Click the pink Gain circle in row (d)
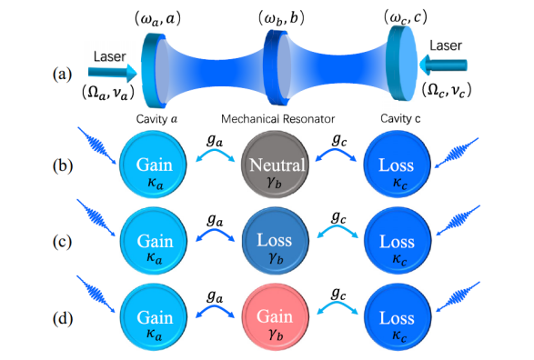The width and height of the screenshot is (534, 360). click(276, 317)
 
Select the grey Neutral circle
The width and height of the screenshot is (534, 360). click(275, 165)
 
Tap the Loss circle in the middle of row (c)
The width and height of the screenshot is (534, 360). click(276, 241)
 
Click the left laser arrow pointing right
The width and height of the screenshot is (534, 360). click(113, 73)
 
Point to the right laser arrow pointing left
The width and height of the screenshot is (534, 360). click(443, 65)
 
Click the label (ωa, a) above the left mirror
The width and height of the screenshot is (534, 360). click(157, 19)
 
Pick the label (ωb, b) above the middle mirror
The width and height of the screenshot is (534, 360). click(281, 18)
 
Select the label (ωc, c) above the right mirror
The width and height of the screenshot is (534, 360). click(405, 16)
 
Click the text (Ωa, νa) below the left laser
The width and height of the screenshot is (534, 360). click(108, 92)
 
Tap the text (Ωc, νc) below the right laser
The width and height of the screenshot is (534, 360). click(447, 90)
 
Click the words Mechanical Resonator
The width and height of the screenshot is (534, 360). click(277, 119)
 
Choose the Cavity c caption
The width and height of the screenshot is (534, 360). click(400, 119)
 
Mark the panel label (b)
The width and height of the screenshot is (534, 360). click(63, 166)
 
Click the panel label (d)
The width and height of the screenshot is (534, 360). click(63, 318)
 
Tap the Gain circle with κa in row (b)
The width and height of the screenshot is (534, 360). click(153, 165)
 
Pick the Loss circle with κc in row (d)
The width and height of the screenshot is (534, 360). click(398, 317)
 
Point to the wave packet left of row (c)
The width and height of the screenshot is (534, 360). click(96, 218)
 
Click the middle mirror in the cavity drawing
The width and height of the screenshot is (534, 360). click(277, 67)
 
